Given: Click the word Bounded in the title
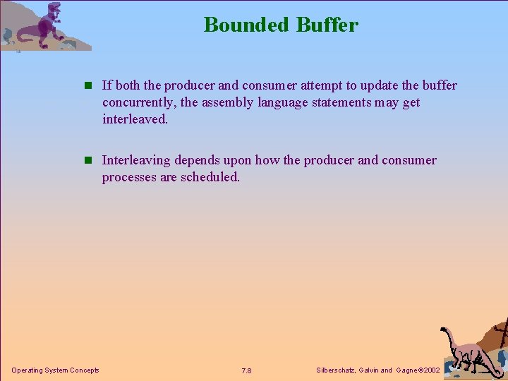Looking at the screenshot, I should tap(247, 25).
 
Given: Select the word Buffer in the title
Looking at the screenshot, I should tap(327, 25).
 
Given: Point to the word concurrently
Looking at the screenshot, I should tap(138, 102).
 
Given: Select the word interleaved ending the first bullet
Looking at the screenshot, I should tap(134, 119).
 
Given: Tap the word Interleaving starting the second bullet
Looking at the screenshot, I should tap(136, 160).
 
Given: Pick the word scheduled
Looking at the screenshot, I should tap(210, 177).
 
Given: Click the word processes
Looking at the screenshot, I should tap(129, 177).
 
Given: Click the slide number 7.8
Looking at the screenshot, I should tap(246, 371).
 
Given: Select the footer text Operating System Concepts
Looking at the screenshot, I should tap(55, 370).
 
